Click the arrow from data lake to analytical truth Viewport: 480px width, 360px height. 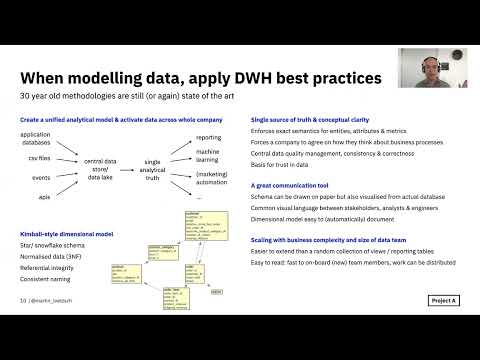point(133,168)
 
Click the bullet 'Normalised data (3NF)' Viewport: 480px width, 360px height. point(54,254)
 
